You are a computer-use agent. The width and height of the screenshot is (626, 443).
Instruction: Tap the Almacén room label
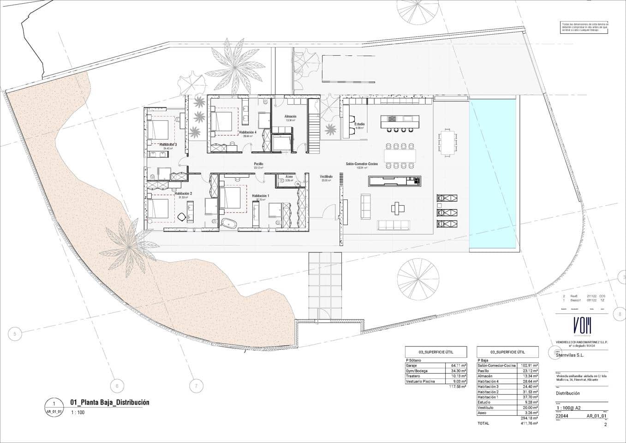pos(290,116)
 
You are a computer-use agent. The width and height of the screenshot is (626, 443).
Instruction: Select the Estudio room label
pos(359,124)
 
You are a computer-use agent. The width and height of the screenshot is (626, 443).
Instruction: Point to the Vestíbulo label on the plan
pos(326,177)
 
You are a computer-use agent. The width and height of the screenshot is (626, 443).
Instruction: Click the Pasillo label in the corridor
pos(258,164)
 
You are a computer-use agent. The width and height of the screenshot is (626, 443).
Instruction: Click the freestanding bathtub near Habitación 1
pos(229,224)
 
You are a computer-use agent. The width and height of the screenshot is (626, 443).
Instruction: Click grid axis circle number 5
pos(15,334)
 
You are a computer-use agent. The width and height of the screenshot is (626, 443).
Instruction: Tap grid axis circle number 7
pos(196,386)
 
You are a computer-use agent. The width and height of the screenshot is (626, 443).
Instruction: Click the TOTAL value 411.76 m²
pos(529,423)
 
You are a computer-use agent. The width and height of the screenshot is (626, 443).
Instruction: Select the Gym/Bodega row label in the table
pos(417,371)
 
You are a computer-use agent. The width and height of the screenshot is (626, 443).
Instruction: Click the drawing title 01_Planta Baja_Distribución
pos(109,402)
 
